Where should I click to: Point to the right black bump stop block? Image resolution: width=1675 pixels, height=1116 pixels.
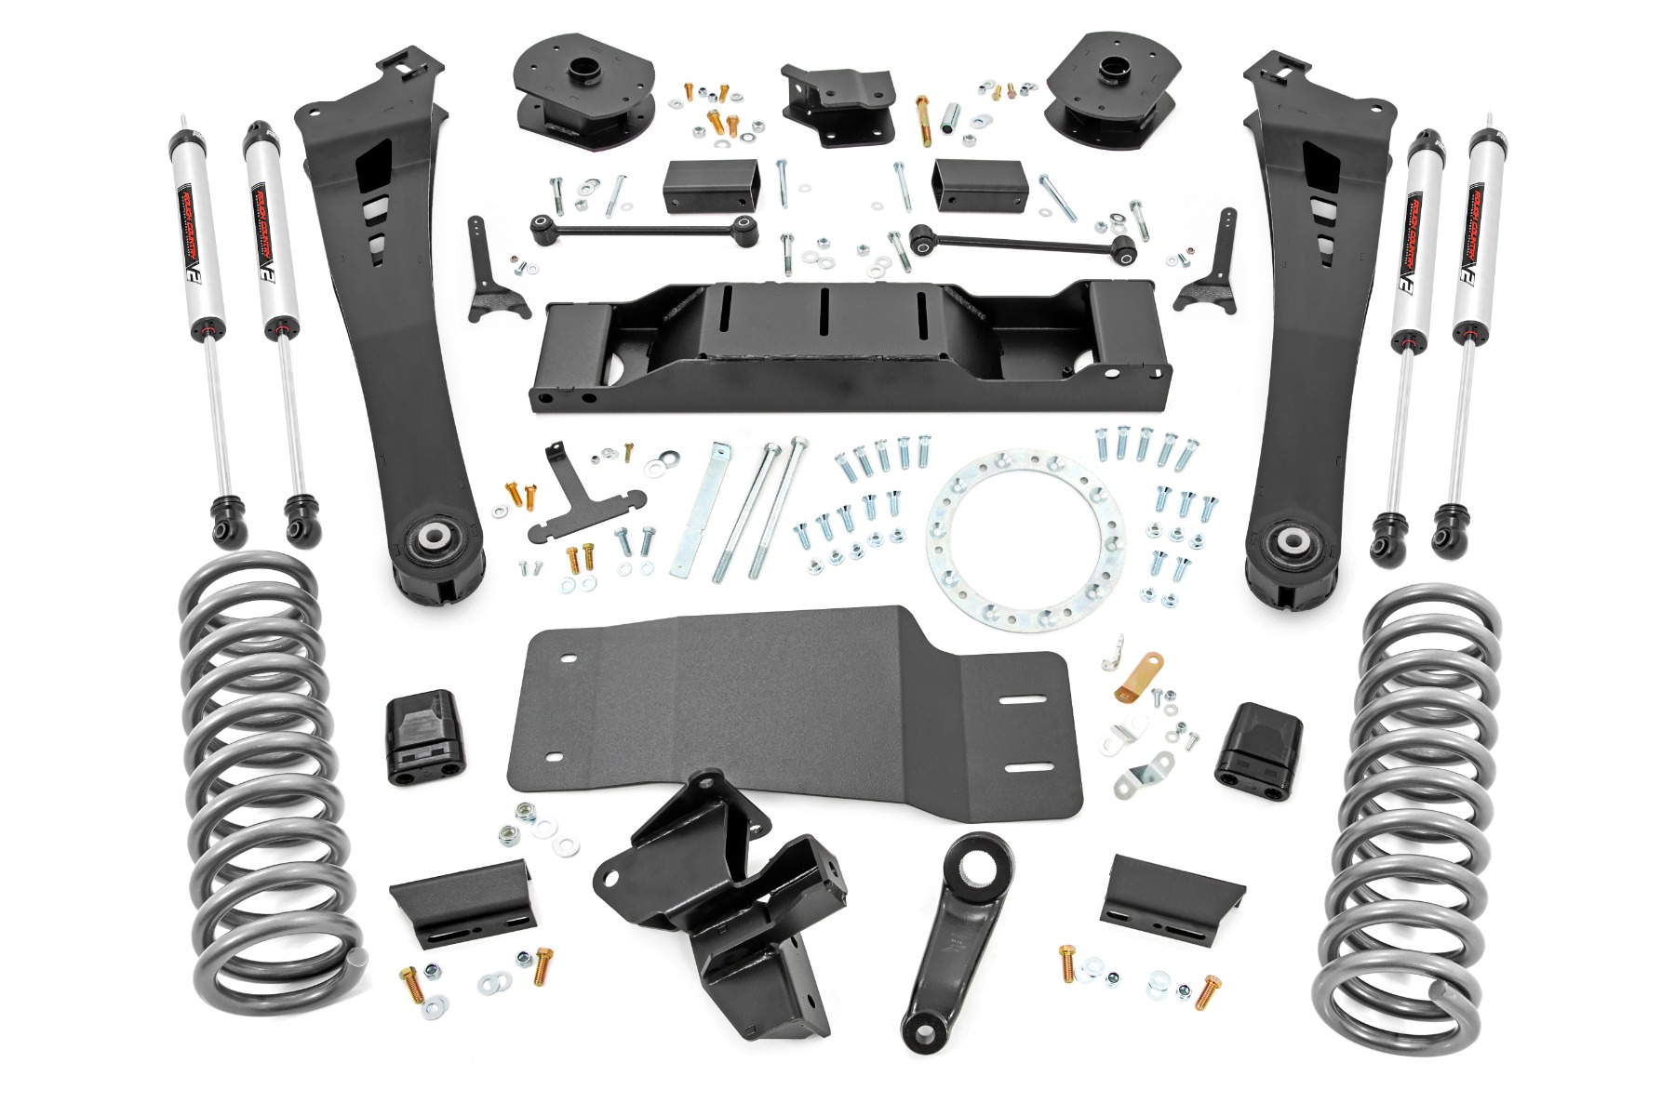[x=1253, y=749]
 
